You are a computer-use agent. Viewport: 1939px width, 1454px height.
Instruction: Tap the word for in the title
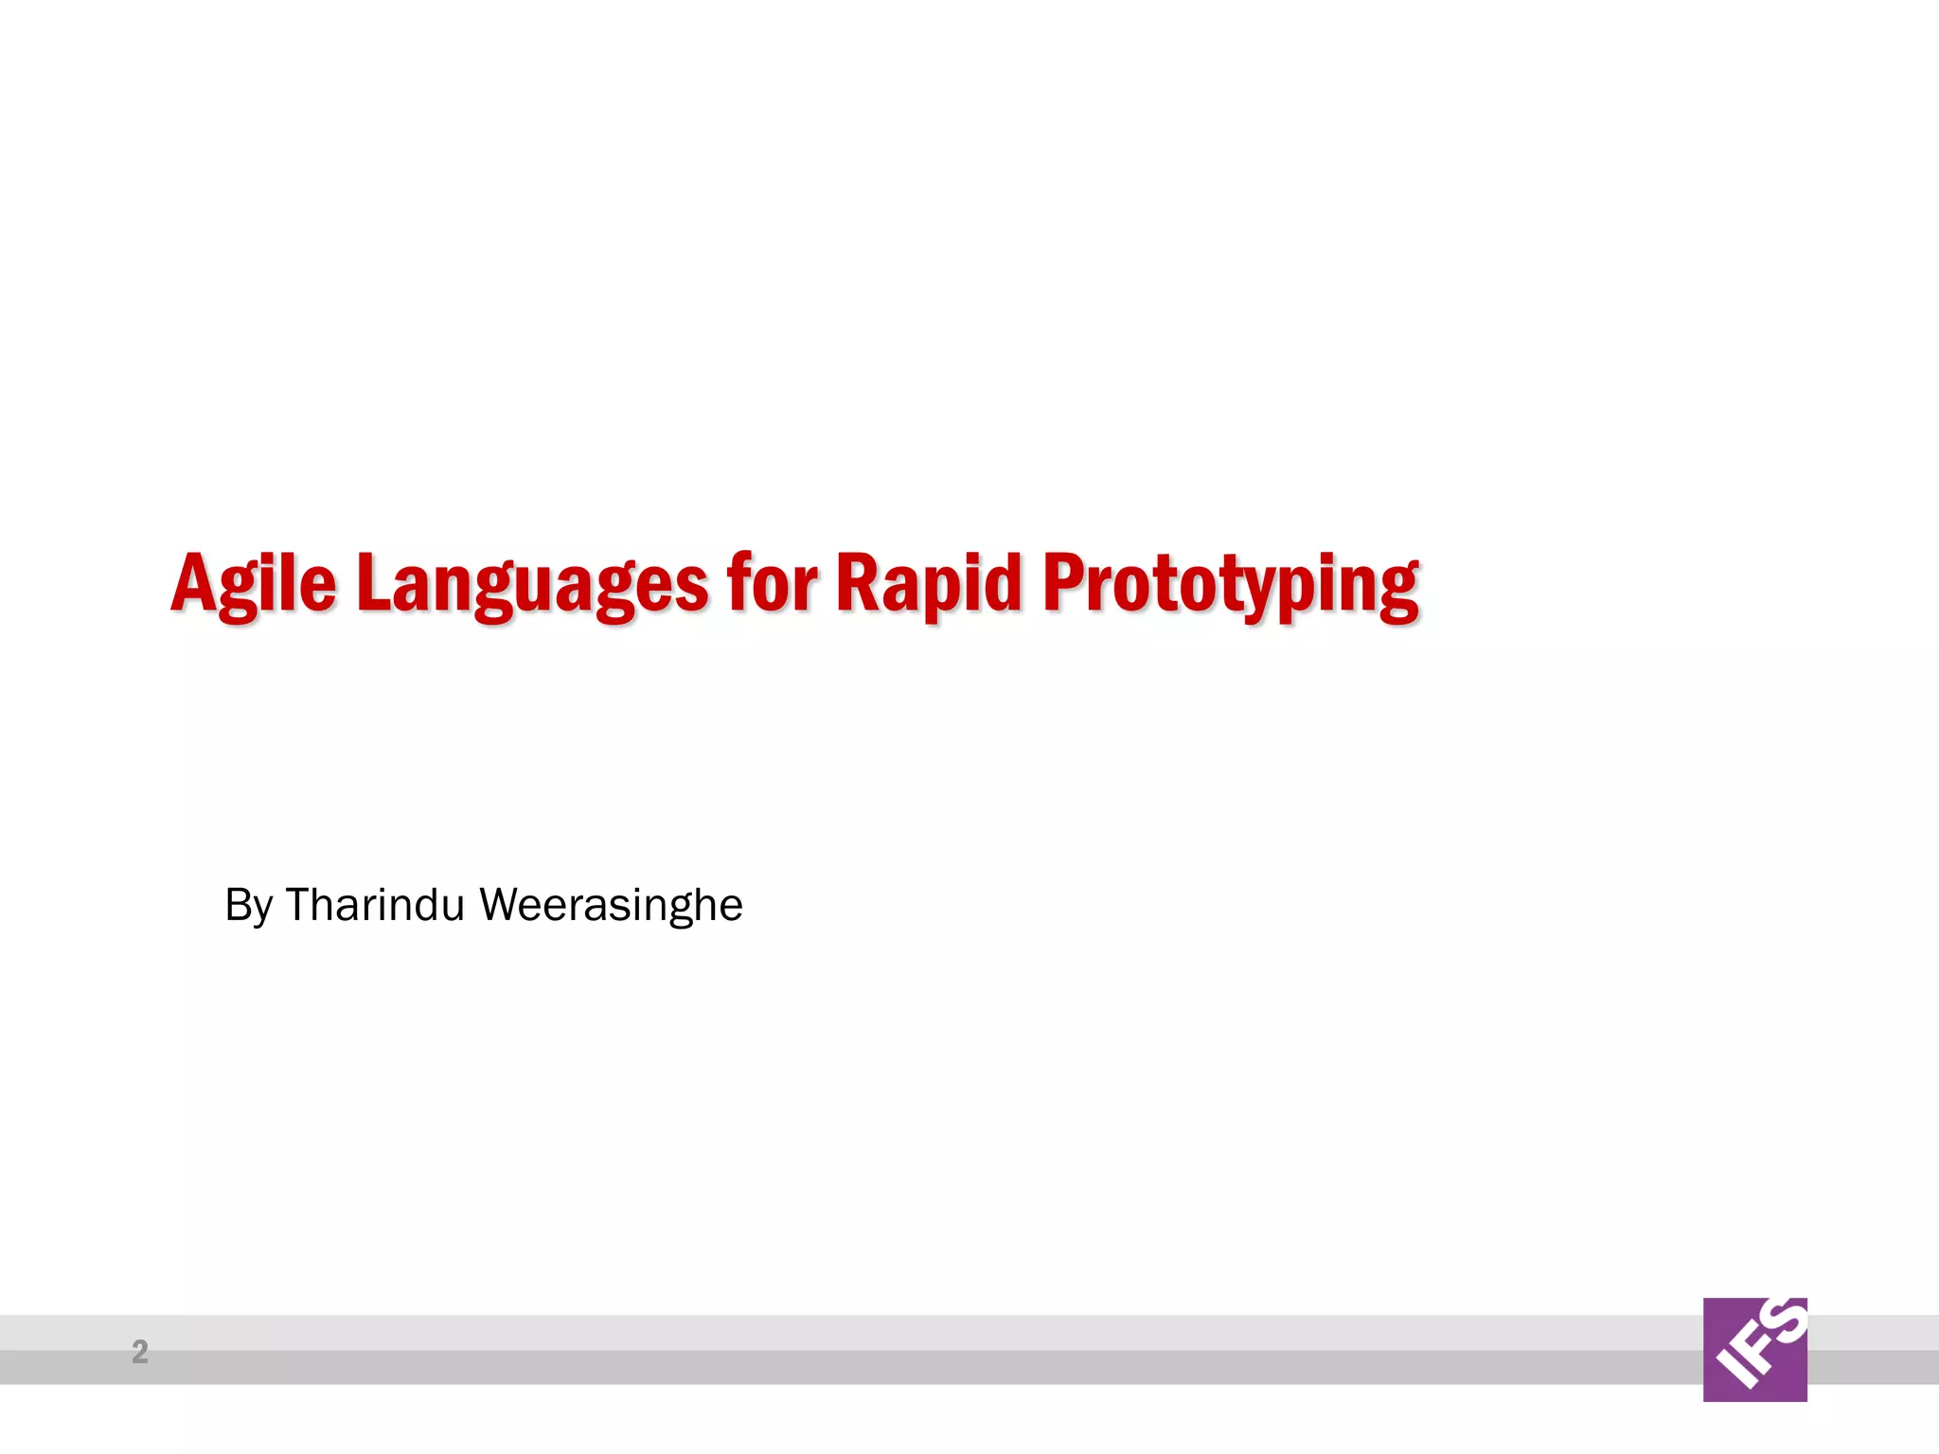tap(771, 582)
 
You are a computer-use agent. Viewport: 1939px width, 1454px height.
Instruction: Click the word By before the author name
tap(249, 905)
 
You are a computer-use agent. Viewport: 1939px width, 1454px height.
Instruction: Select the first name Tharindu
tap(375, 904)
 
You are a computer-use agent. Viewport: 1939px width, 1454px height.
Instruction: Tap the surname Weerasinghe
tap(611, 905)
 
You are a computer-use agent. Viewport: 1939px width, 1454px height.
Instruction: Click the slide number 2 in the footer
tap(140, 1351)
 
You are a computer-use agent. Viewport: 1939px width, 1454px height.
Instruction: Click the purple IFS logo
tap(1754, 1349)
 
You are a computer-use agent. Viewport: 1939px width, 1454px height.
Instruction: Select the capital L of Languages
tap(376, 582)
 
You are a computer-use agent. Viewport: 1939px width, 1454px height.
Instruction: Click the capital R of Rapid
tap(858, 582)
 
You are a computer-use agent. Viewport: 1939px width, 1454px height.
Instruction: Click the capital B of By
tap(238, 904)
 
